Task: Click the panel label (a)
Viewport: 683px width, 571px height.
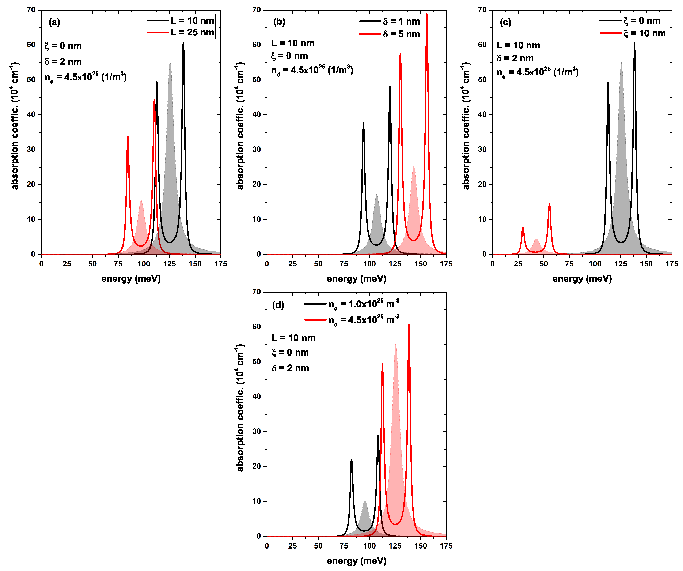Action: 54,22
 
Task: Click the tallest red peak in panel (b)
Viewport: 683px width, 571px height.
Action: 427,15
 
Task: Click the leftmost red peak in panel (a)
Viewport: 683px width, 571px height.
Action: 128,137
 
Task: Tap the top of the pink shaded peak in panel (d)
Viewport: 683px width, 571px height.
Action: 395,345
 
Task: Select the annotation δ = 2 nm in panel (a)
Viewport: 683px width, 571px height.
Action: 63,61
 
